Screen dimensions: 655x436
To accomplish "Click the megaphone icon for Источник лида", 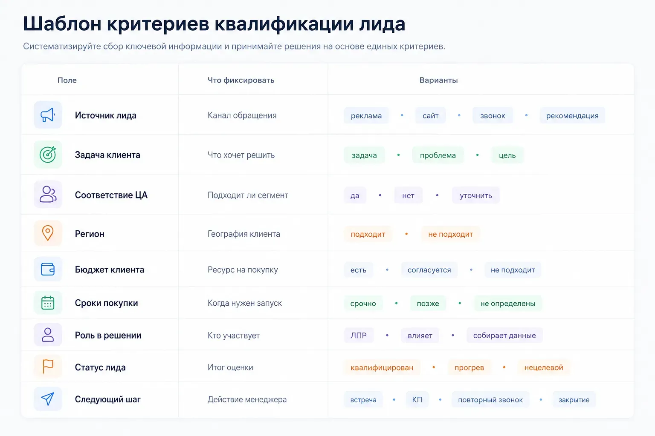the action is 48,115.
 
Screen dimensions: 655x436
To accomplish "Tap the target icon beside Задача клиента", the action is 48,155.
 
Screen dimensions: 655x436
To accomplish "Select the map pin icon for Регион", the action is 48,233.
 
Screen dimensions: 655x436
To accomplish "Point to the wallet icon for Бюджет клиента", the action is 48,269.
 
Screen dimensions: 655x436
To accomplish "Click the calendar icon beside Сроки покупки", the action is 48,303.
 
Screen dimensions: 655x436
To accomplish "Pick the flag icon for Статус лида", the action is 48,367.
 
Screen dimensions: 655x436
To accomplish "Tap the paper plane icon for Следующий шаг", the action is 47,399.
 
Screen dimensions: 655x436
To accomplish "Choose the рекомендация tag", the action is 572,115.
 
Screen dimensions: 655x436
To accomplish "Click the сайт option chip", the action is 430,115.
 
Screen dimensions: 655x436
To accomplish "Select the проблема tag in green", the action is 438,155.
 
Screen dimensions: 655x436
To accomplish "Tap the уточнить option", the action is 476,195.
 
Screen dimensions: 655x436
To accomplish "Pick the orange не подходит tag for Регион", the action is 450,234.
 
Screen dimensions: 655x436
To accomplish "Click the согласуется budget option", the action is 429,270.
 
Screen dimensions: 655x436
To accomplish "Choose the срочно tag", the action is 363,304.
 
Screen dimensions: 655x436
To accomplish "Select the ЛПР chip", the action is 359,335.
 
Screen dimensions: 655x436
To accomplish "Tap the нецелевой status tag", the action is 544,367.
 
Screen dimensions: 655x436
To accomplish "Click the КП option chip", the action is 417,399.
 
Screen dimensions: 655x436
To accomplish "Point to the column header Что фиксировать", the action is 241,80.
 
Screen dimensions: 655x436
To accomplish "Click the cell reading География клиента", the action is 244,234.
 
